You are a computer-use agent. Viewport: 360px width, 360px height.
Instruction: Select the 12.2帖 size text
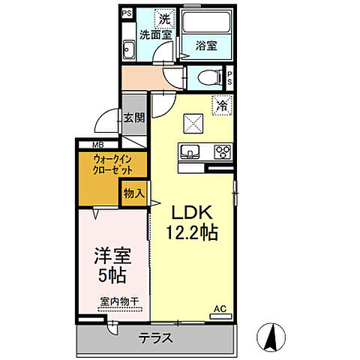tap(191, 233)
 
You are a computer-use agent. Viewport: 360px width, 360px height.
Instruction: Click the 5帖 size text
tap(111, 275)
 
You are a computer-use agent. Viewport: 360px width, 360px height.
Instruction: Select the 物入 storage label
tap(133, 193)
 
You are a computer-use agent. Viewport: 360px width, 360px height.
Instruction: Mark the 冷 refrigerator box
tap(221, 106)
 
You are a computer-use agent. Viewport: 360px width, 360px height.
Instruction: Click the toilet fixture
tap(211, 77)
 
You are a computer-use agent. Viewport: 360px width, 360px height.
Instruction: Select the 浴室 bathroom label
tap(206, 44)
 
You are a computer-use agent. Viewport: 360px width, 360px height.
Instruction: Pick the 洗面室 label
tap(155, 34)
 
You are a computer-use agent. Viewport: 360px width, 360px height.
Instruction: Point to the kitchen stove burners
tap(223, 151)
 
